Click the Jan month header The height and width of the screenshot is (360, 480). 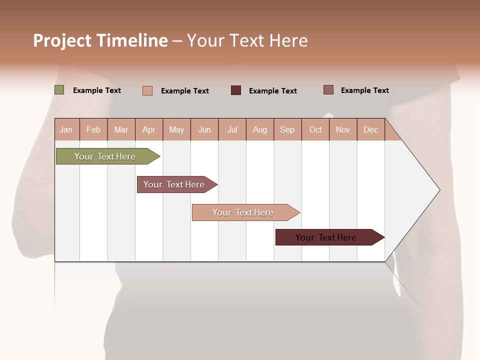[66, 130]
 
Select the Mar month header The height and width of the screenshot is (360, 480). [121, 130]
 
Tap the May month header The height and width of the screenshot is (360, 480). [176, 130]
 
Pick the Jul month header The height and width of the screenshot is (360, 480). [232, 130]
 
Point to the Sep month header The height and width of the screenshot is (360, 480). [287, 130]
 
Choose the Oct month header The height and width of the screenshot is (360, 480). [315, 130]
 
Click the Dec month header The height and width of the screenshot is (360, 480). [370, 130]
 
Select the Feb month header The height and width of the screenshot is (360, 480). [93, 130]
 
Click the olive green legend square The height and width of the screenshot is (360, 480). [59, 90]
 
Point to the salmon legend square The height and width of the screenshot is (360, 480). [147, 90]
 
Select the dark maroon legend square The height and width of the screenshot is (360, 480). [236, 90]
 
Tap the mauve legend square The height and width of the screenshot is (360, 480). [328, 90]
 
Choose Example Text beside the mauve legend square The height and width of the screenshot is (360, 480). [364, 90]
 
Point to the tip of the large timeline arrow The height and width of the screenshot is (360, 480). [439, 190]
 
